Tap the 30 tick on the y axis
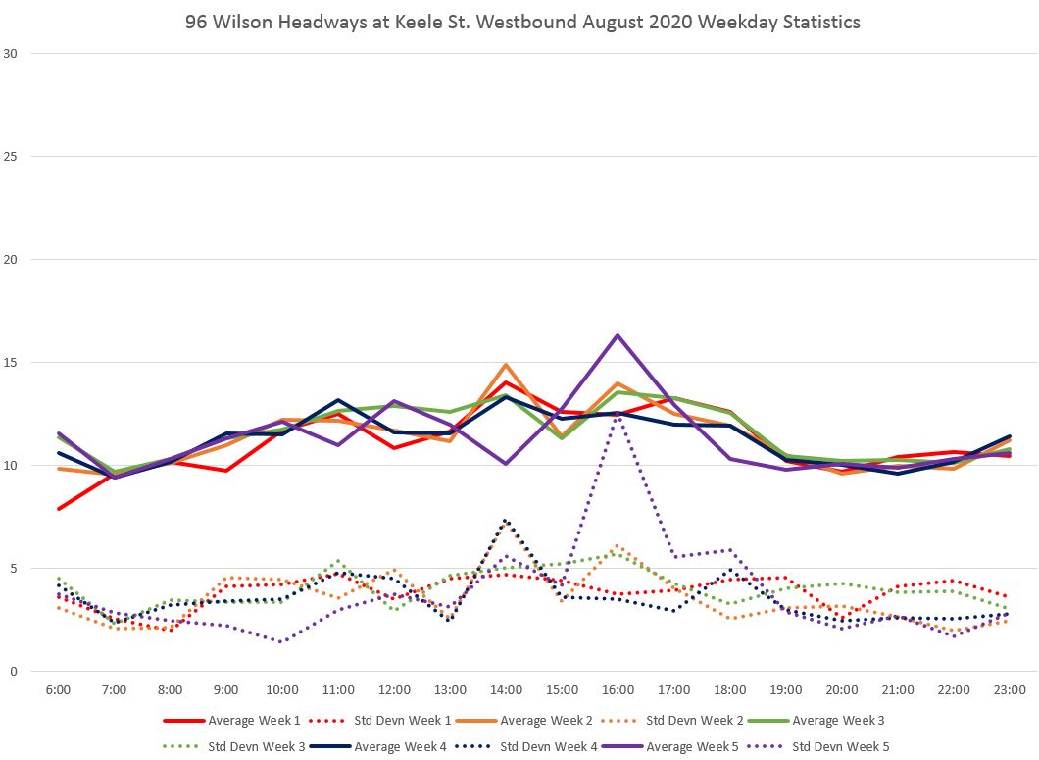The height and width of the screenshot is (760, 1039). click(x=12, y=54)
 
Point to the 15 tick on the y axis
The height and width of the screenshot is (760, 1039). click(x=12, y=363)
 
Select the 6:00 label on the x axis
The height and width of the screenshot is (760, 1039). click(x=59, y=690)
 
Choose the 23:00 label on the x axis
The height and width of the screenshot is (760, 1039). click(x=1010, y=690)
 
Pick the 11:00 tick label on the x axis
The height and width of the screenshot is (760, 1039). click(x=338, y=690)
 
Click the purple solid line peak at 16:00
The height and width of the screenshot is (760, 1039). click(x=618, y=335)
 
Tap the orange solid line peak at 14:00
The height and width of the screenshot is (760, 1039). click(x=506, y=365)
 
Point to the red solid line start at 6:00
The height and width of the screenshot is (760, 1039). click(x=59, y=509)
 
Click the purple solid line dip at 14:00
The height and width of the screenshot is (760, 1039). click(x=506, y=464)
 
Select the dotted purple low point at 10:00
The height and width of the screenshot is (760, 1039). click(x=282, y=642)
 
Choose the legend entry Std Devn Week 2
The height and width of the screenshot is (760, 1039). click(x=688, y=721)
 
